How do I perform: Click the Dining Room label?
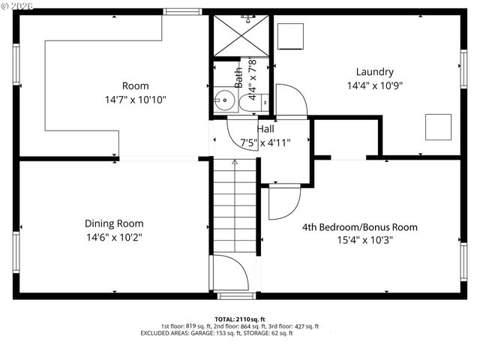tap(113, 223)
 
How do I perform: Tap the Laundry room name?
tap(374, 72)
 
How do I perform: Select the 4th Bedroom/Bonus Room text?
tap(360, 227)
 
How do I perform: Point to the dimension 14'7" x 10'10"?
tap(136, 99)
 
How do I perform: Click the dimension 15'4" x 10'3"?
tap(359, 240)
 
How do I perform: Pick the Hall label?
tap(265, 129)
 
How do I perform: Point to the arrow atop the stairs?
tap(235, 161)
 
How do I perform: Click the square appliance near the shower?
tap(289, 35)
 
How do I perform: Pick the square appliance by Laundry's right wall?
tap(438, 127)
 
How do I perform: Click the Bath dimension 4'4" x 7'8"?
tap(253, 79)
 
